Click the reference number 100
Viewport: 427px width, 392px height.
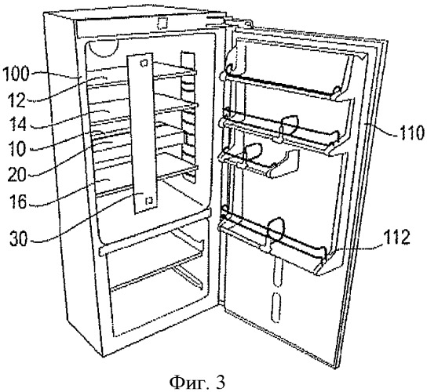(x=16, y=74)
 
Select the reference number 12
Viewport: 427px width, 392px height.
(x=17, y=100)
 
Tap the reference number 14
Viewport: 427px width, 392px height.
(x=17, y=124)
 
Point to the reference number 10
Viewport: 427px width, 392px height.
(x=17, y=148)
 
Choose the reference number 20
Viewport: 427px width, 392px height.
(x=17, y=174)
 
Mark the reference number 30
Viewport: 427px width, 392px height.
(x=19, y=238)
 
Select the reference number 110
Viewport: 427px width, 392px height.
(x=412, y=132)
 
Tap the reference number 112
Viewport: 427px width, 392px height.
(x=398, y=237)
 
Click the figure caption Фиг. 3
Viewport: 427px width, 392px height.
(x=198, y=383)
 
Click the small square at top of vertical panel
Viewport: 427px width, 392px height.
(x=144, y=64)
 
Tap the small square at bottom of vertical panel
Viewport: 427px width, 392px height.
(x=149, y=201)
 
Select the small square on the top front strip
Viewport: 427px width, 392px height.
(x=162, y=24)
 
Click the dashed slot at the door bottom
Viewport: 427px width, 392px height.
(x=276, y=307)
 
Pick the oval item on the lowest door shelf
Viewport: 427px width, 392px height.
(x=276, y=230)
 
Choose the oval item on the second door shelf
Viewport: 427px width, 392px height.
(x=290, y=126)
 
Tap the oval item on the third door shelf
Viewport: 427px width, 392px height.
(x=253, y=151)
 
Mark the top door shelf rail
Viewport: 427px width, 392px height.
(x=281, y=85)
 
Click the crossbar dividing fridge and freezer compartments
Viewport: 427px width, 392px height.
(x=155, y=232)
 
